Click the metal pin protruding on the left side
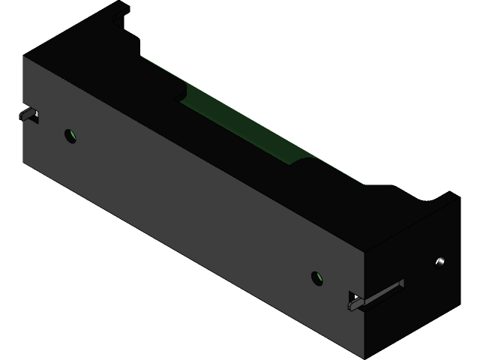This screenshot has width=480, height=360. pos(29,115)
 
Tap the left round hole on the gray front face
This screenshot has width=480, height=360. pos(70,136)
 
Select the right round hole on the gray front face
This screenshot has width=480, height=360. pos(318,279)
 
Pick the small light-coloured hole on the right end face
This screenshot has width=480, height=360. pos(440,262)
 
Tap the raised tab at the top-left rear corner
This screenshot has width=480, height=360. pos(118,10)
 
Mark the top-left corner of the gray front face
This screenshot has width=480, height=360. pos(25,58)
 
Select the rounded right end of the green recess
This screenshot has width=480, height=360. pos(307,158)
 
